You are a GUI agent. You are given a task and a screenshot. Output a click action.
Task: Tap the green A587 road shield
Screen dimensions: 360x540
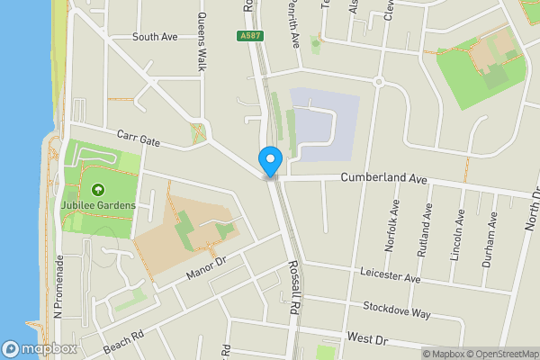[x=251, y=36]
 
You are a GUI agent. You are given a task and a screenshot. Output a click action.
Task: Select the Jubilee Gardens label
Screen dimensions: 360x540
[x=98, y=205]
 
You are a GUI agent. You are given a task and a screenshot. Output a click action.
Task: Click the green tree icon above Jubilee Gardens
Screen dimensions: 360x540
[x=97, y=190]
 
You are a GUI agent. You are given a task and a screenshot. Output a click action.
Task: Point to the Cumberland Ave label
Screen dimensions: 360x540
[x=382, y=179]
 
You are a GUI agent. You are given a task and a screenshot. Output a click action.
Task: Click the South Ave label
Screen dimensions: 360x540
[x=155, y=38]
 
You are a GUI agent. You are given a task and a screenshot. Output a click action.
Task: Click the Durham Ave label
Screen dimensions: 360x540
[x=492, y=235]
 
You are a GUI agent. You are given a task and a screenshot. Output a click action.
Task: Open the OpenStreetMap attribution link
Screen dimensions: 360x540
[x=503, y=354]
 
